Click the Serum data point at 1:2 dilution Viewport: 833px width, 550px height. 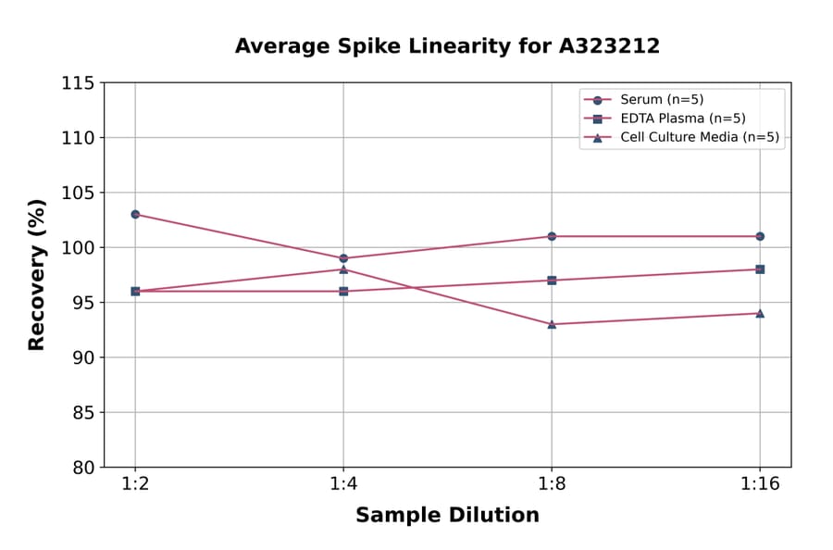(135, 214)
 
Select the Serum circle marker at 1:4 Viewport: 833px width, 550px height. (343, 258)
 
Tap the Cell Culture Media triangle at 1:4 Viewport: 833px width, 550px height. (343, 269)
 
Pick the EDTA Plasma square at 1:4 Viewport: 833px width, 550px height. (343, 291)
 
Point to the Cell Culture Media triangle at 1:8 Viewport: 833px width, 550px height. (552, 324)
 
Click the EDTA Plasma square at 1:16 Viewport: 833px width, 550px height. (760, 269)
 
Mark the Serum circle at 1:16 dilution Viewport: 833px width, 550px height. (760, 236)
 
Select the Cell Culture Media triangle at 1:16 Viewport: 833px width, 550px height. (760, 313)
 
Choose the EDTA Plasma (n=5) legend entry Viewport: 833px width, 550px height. (669, 119)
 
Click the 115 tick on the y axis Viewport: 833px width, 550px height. (78, 83)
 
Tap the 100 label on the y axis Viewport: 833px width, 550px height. (78, 247)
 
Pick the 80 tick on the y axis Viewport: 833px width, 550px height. (83, 467)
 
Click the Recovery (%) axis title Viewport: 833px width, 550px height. (37, 275)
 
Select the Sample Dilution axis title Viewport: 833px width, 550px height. (447, 516)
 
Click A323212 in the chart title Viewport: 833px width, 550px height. (608, 46)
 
